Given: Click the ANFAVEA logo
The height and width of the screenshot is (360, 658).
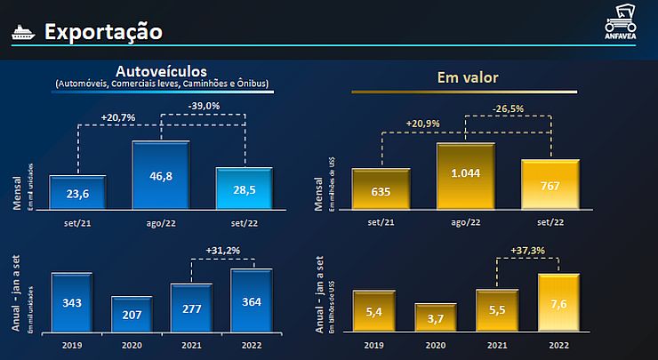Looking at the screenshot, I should point(620,24).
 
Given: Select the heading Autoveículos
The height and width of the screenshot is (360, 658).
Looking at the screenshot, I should point(161,70).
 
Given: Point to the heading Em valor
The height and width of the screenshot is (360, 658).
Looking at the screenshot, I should point(468,77).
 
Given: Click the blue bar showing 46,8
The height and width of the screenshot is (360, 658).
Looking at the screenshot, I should point(161,174).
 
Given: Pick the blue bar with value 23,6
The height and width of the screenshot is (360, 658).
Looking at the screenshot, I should point(78,190).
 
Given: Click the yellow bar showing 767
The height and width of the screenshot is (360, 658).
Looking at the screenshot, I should point(550,184).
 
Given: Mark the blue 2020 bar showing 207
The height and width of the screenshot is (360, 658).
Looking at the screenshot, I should point(132,313).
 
